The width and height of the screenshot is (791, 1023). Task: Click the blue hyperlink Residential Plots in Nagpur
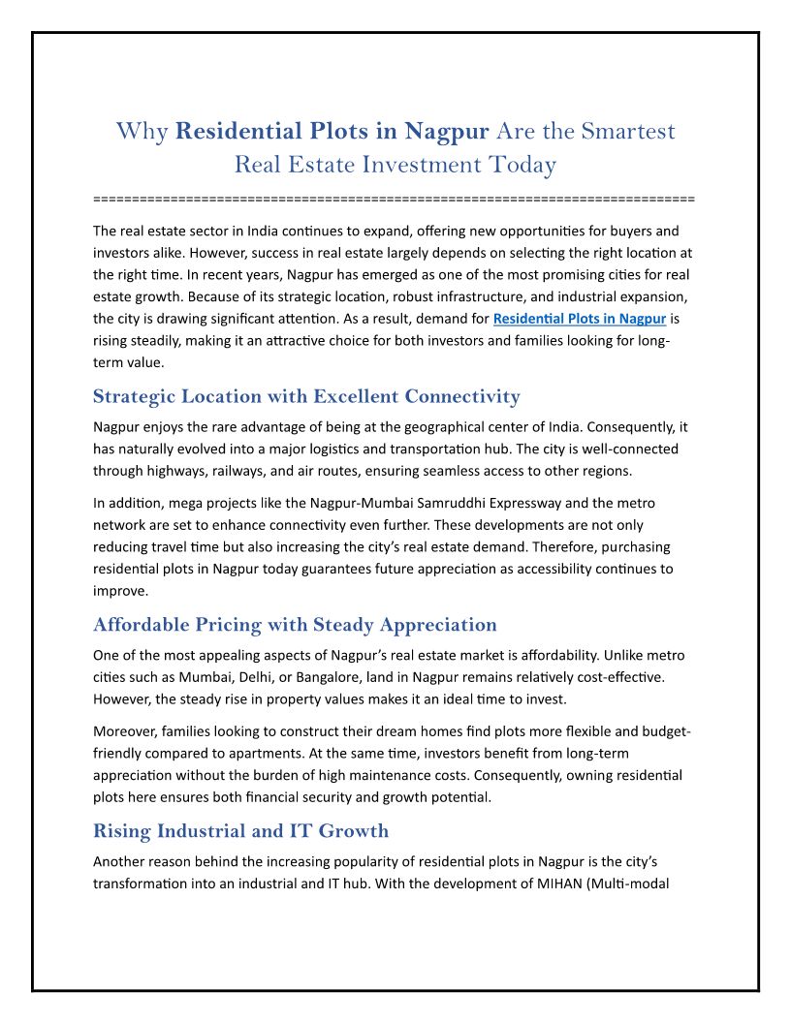579,318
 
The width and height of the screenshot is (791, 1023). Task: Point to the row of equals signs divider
394,199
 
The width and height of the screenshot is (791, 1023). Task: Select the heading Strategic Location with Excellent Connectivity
306,396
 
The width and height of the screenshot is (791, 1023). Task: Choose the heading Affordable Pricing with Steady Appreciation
295,625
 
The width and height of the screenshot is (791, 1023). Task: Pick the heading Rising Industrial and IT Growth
240,830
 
